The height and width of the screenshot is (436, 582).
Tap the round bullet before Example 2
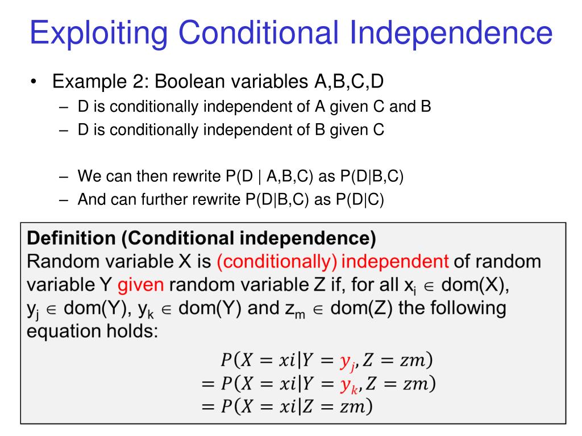coord(35,82)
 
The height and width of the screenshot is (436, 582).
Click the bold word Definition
coord(70,239)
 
